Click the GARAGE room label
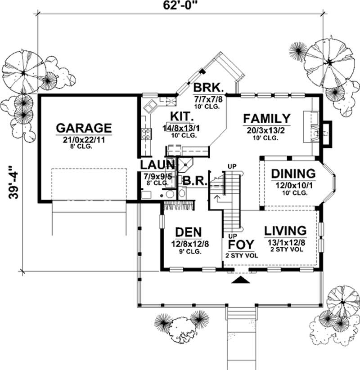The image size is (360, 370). tap(84, 128)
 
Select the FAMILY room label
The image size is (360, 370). tap(267, 119)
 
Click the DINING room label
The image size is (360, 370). tap(293, 174)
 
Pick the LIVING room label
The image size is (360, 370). tap(285, 231)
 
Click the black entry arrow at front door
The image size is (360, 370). tap(240, 281)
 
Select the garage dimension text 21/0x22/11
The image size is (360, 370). tap(84, 140)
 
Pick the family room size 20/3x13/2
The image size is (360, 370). tap(267, 131)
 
